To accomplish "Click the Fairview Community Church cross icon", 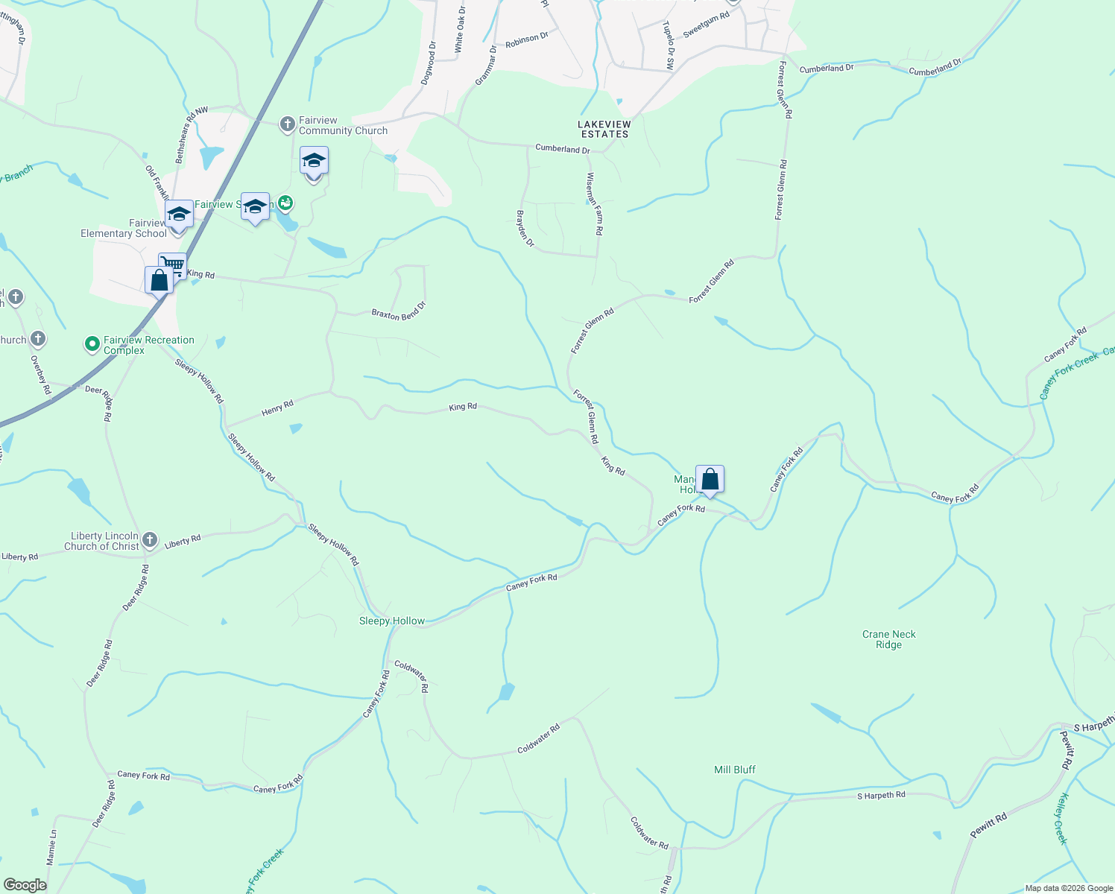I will [288, 124].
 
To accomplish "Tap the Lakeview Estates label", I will [604, 129].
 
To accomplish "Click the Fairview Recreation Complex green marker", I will [92, 344].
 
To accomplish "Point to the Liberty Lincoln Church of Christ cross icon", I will [150, 540].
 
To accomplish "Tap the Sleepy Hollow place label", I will [392, 621].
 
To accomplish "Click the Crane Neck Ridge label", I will [888, 639].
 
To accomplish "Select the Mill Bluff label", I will [735, 770].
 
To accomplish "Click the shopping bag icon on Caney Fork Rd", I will [710, 479].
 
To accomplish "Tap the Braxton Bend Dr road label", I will [399, 310].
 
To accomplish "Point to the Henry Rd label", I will [277, 408].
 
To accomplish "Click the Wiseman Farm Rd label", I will [594, 204].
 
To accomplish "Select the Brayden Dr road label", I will [525, 228].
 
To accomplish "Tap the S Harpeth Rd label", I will [881, 795].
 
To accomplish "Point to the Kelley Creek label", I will [1062, 818].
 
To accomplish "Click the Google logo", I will [25, 884].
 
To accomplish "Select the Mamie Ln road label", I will [51, 847].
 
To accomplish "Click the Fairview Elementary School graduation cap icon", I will [179, 215].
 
